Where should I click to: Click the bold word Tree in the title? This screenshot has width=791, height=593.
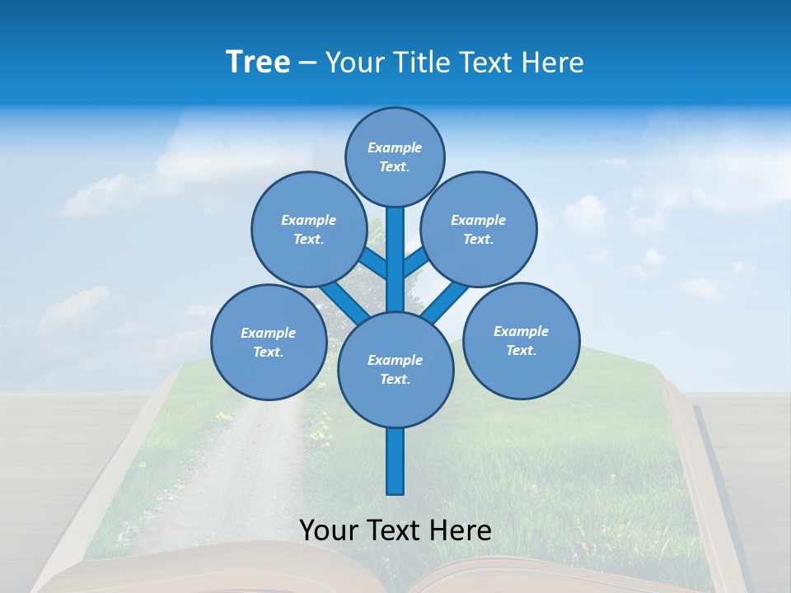click(258, 62)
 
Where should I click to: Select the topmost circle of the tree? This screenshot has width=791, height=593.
click(395, 156)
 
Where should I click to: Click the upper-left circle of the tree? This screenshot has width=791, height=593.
click(308, 229)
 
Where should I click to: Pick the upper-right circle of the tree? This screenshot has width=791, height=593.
click(479, 229)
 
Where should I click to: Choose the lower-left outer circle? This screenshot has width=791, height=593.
click(268, 342)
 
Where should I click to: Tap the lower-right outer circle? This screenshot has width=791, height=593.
click(521, 340)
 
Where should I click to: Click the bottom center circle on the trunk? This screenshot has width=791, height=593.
click(395, 369)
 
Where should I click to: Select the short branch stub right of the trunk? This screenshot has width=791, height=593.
click(415, 263)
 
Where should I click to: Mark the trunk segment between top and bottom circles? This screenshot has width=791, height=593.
click(395, 259)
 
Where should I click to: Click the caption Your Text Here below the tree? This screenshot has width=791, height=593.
click(395, 530)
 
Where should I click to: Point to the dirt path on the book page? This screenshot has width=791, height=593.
click(239, 461)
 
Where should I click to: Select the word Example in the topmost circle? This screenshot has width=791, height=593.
click(395, 147)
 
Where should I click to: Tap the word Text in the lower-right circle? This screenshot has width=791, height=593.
click(521, 350)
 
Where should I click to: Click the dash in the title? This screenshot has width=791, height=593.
click(307, 63)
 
